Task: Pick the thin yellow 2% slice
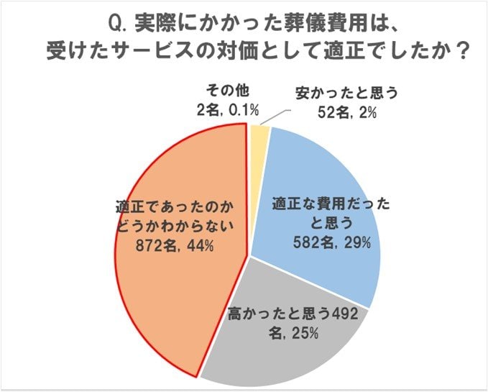pos(259,137)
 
